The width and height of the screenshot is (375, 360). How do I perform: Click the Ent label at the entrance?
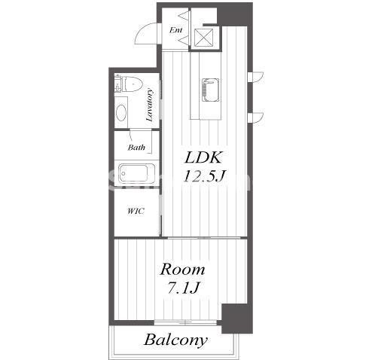(x=175, y=30)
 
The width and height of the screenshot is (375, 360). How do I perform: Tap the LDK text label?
(x=203, y=158)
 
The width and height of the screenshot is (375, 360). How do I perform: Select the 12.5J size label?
(x=203, y=175)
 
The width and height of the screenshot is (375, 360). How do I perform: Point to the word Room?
(x=182, y=270)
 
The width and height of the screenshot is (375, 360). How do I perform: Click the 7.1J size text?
(x=183, y=288)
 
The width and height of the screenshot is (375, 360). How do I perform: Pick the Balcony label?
(x=175, y=340)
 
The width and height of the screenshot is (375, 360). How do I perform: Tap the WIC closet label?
(x=136, y=211)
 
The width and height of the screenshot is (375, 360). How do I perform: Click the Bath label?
(x=136, y=147)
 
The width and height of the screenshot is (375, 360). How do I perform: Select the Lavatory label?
(x=150, y=105)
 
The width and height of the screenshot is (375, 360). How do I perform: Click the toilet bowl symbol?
(x=132, y=84)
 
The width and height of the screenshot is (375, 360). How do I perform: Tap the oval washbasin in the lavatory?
(x=121, y=112)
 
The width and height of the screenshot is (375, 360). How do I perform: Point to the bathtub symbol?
(x=133, y=173)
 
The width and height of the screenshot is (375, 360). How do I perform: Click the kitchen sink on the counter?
(x=210, y=90)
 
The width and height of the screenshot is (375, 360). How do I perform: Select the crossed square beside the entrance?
(x=203, y=38)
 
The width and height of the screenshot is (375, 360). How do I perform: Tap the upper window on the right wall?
(x=255, y=77)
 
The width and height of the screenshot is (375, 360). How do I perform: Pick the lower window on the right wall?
(x=255, y=117)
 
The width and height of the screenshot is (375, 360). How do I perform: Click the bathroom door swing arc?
(x=131, y=135)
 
